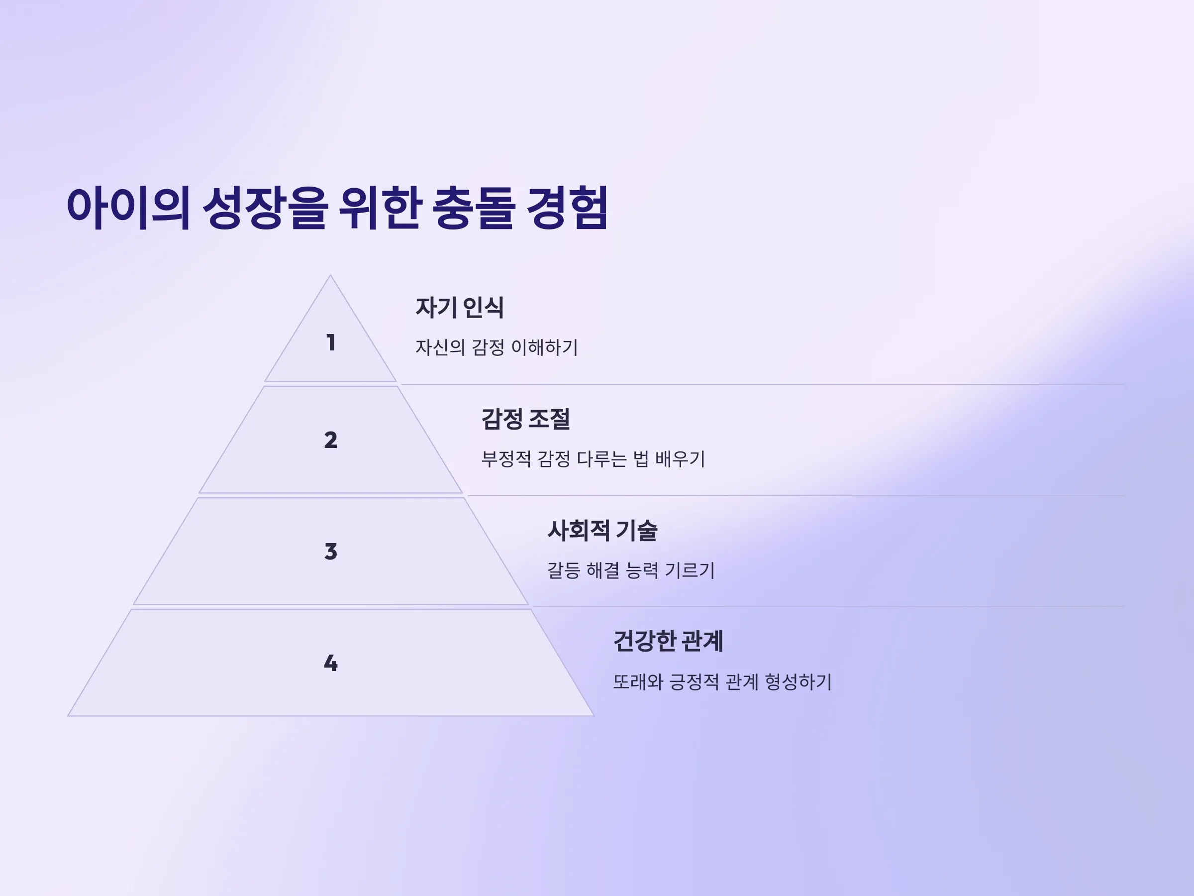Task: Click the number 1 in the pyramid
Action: coord(331,342)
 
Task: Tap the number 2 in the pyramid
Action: coord(331,440)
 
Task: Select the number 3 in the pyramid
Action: coord(331,552)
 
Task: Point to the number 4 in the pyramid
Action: coord(331,663)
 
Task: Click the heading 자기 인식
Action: coord(459,307)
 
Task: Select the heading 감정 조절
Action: coord(525,419)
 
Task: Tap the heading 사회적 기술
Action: coord(602,530)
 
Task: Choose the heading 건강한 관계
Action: coord(668,641)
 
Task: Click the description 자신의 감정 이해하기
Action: coord(497,347)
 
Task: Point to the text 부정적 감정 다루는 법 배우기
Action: coord(593,458)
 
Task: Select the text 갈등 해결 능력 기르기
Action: coord(631,570)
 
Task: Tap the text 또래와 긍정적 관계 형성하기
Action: coord(722,681)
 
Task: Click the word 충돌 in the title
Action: coord(474,208)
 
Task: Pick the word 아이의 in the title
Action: coord(128,208)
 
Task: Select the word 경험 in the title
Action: coord(567,208)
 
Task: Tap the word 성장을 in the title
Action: coord(265,208)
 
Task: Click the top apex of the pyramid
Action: coord(330,275)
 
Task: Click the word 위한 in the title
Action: coord(381,208)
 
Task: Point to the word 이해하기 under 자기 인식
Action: coord(545,347)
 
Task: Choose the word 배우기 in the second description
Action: coord(680,458)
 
